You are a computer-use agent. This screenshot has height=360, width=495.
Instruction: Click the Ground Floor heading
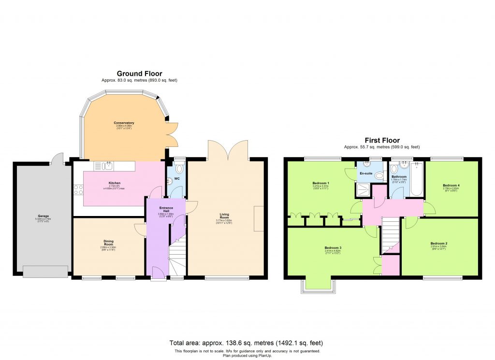(139, 73)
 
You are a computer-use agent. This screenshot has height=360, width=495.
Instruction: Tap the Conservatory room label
(124, 123)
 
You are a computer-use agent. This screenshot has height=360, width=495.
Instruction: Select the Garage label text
(44, 216)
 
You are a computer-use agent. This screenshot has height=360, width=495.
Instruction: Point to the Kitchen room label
(115, 183)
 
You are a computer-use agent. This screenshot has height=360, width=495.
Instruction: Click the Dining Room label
(108, 242)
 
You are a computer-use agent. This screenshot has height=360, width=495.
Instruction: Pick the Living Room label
(224, 216)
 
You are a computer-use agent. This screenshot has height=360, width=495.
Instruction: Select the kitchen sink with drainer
(104, 166)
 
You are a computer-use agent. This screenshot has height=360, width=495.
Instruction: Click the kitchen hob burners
(78, 189)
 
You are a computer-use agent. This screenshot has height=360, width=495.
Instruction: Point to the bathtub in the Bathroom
(417, 179)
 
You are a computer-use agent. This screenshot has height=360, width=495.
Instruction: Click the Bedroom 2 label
(439, 244)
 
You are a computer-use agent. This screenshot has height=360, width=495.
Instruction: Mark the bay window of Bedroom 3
(317, 286)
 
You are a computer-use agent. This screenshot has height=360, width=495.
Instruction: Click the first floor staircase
(390, 235)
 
